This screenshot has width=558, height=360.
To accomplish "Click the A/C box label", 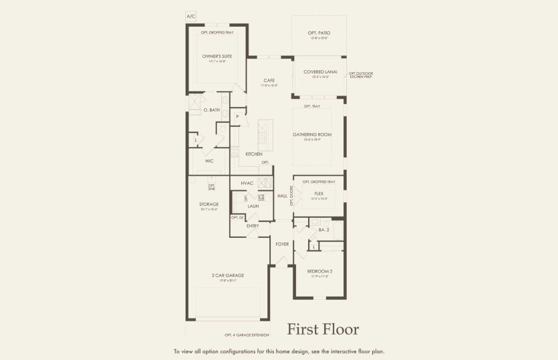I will pyautogui.click(x=191, y=16).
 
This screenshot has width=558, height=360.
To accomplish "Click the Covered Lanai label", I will pyautogui.click(x=320, y=71).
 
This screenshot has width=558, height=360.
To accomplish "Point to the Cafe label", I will pyautogui.click(x=269, y=80).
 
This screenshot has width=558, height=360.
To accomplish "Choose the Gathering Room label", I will pyautogui.click(x=311, y=134).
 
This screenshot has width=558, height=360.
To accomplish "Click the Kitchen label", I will pyautogui.click(x=253, y=154).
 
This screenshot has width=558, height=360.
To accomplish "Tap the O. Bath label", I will pyautogui.click(x=211, y=110).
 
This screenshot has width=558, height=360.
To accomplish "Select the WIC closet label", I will pyautogui.click(x=209, y=161).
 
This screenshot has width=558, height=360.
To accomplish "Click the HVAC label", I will pyautogui.click(x=247, y=182).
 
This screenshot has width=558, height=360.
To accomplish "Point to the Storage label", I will pyautogui.click(x=209, y=204).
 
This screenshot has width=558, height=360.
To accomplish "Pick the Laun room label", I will pyautogui.click(x=253, y=206).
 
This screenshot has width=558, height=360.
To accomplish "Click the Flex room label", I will pyautogui.click(x=319, y=193).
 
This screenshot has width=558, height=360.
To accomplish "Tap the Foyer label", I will pyautogui.click(x=282, y=244).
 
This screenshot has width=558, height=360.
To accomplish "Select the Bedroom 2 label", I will pyautogui.click(x=319, y=271).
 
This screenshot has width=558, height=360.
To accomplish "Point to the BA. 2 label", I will pyautogui.click(x=324, y=230).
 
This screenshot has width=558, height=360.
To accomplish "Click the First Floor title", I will pyautogui.click(x=323, y=329).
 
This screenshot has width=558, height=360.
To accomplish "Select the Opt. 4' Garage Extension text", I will pyautogui.click(x=247, y=335).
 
